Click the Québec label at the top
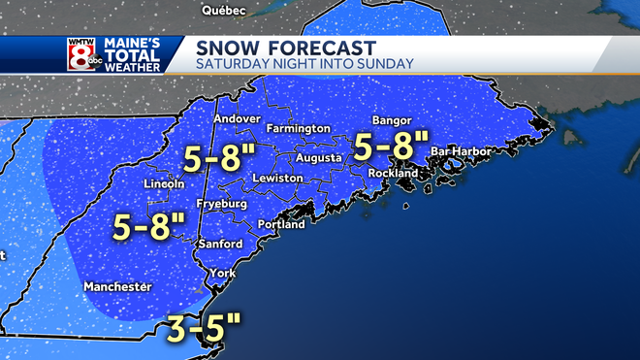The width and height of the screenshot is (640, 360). [223, 10]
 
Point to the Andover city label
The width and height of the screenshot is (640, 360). [238, 118]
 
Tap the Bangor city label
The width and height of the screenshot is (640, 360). [393, 120]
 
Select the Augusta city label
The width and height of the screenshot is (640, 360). [318, 156]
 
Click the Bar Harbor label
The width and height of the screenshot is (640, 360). [462, 151]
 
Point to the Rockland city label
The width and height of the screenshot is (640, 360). [393, 173]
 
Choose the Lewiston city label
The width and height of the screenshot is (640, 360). [278, 179]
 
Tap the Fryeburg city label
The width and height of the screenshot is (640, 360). [221, 205]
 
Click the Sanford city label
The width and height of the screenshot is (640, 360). [219, 244]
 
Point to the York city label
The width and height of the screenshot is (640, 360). [223, 274]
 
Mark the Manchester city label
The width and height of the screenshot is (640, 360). [117, 287]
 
